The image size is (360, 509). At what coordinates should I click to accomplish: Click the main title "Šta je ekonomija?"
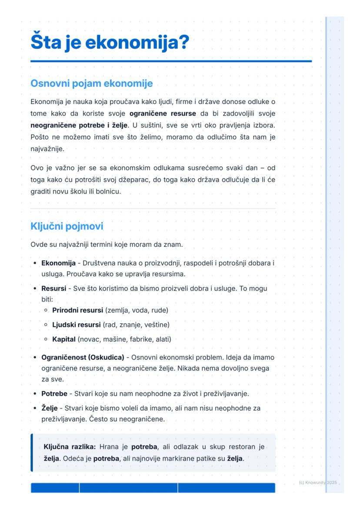[110, 43]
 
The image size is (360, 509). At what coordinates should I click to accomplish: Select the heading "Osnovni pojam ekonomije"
[91, 83]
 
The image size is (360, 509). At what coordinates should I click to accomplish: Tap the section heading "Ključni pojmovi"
[67, 226]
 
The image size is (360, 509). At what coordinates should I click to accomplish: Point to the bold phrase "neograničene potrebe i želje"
[79, 125]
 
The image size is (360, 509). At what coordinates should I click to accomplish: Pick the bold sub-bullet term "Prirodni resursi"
[77, 310]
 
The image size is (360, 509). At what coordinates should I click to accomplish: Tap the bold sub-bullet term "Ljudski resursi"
[76, 325]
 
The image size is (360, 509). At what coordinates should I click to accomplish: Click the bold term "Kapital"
[64, 339]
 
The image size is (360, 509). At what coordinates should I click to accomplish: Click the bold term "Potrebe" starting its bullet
[54, 394]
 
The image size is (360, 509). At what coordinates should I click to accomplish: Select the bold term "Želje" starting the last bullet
[49, 408]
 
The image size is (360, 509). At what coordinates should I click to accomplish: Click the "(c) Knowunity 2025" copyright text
[318, 482]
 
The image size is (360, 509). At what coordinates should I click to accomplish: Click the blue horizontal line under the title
[171, 61]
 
